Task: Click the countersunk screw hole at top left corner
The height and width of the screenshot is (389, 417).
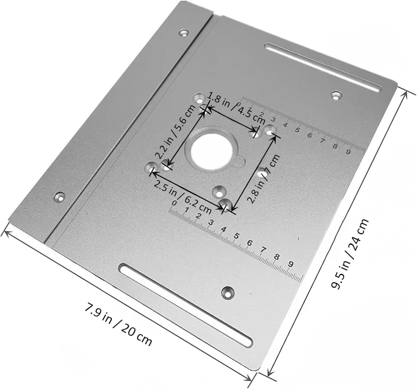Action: [x=183, y=33]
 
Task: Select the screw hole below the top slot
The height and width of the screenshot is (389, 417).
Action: [x=337, y=96]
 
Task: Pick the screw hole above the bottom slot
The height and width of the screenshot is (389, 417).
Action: [x=228, y=292]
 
